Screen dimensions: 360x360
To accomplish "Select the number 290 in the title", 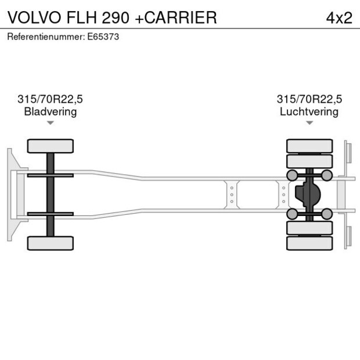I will (x=116, y=17).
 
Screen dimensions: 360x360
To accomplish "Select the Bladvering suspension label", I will (x=50, y=111).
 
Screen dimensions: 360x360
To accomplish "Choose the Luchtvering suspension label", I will (x=309, y=111).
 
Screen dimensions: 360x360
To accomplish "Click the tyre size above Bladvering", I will (x=50, y=99).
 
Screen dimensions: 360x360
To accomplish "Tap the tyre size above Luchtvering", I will (x=309, y=99).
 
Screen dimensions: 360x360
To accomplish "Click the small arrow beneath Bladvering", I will (x=51, y=123).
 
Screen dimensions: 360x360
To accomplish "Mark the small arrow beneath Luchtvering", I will (x=309, y=123).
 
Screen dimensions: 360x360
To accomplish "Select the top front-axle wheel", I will (x=51, y=146).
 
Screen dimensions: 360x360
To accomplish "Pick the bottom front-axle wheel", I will (x=51, y=243).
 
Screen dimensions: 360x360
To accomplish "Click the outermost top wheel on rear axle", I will (x=309, y=145).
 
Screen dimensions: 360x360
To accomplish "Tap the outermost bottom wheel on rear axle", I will (x=309, y=243).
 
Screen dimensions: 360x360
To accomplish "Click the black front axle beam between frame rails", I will (x=51, y=194).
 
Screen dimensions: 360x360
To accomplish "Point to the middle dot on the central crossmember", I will (x=232, y=195).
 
